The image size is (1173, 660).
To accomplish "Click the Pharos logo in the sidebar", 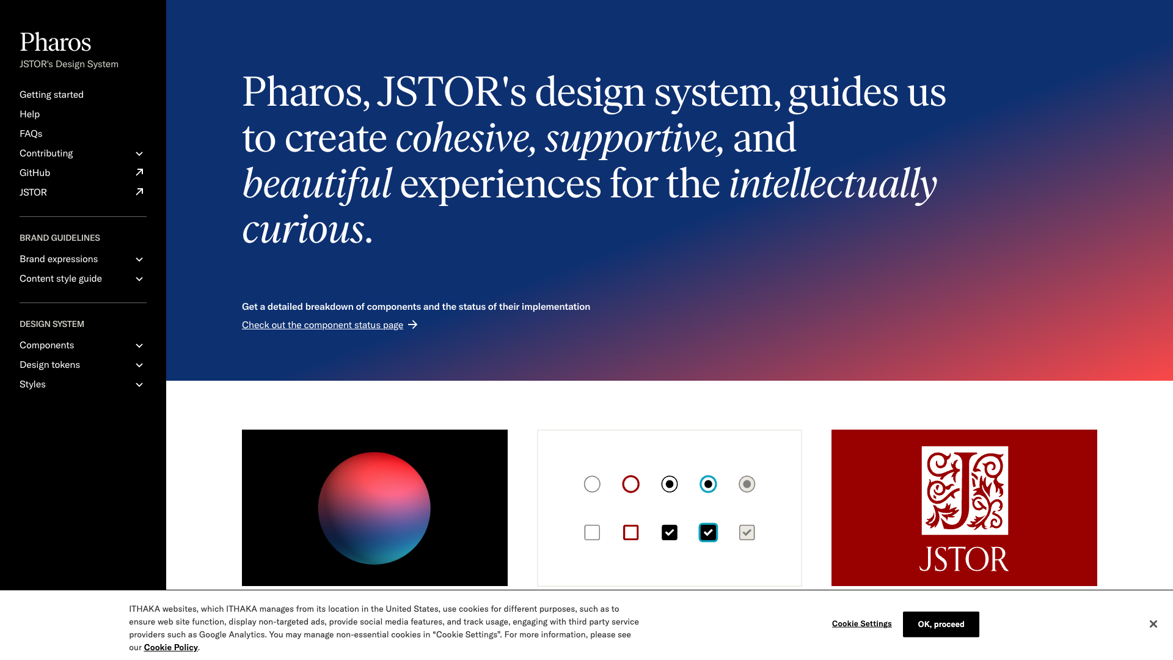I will [x=55, y=42].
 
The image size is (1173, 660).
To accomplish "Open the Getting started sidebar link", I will [x=51, y=95].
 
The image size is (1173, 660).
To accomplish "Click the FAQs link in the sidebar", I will [x=31, y=134].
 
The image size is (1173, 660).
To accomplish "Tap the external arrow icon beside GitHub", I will [x=139, y=172].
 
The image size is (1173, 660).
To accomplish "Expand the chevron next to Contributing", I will [x=139, y=153].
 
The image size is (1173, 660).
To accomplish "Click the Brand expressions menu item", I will [x=59, y=259].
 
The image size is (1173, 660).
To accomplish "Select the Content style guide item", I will [x=60, y=279].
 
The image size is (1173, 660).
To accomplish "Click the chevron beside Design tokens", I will [x=139, y=365].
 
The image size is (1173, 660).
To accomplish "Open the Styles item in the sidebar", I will [x=32, y=384].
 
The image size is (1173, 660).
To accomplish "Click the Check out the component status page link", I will [x=323, y=325].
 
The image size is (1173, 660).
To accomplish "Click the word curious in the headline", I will [x=303, y=230].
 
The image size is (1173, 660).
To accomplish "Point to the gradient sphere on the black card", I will [x=374, y=508].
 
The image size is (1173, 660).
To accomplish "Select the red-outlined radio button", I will [x=630, y=484].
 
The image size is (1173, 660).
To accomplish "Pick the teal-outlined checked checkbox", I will [x=708, y=533].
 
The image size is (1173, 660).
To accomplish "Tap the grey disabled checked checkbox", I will [x=747, y=533].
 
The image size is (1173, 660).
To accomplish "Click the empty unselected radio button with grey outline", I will [x=592, y=484].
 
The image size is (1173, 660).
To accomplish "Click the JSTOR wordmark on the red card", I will [x=963, y=559].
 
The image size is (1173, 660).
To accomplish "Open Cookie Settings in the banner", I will [x=861, y=624].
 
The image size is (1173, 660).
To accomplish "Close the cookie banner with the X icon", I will [x=1153, y=624].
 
